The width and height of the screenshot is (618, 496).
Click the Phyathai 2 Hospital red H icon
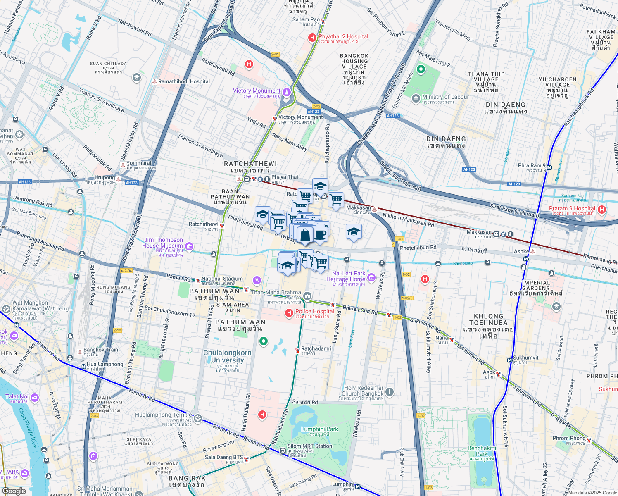pos(312,38)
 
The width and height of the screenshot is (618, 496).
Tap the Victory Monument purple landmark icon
pos(286,91)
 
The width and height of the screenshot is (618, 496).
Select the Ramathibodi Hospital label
pos(184,81)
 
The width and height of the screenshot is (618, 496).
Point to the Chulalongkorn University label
pos(227,356)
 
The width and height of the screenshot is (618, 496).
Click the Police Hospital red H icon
pos(289,314)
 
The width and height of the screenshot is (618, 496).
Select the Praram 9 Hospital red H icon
pos(601,210)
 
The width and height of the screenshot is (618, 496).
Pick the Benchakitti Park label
pos(482,451)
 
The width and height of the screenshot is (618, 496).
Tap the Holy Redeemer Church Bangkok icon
pos(390,391)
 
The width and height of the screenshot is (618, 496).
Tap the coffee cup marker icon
pos(320,234)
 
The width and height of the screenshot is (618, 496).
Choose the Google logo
pos(14,491)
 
